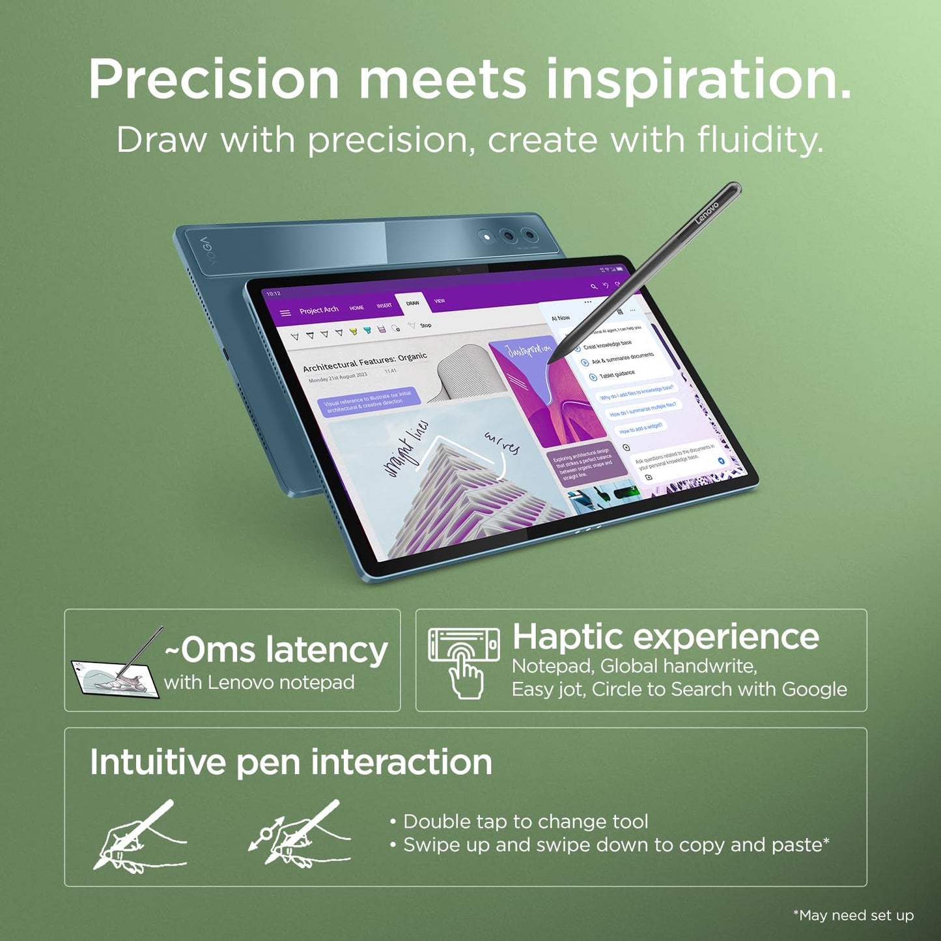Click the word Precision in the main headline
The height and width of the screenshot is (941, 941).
coord(214,79)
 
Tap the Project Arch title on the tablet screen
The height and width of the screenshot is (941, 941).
coord(318,310)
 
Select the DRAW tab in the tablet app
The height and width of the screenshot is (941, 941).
coord(413,303)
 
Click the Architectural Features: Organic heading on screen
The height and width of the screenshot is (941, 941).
coord(365,362)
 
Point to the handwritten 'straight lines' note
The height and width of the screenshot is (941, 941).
coord(406,449)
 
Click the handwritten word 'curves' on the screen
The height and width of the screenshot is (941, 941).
coord(502,443)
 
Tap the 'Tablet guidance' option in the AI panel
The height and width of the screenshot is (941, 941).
coord(616,374)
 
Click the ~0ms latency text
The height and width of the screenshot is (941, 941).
coord(276,650)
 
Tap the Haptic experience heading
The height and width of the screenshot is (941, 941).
coord(666,636)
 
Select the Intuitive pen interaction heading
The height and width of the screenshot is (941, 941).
coord(290,762)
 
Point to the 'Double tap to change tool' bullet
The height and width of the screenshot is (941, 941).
coord(525,822)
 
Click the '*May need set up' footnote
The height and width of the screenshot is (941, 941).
coord(853,916)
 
